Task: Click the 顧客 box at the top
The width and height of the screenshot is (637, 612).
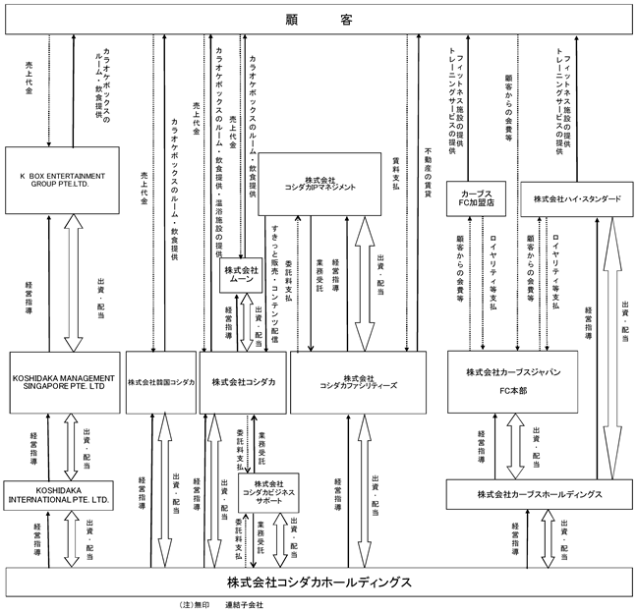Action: (318, 19)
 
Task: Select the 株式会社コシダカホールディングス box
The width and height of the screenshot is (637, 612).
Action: (318, 581)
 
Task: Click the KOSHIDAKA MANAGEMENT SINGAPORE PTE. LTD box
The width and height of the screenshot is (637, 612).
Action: (65, 381)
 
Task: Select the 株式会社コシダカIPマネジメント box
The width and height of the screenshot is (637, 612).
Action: (328, 184)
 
